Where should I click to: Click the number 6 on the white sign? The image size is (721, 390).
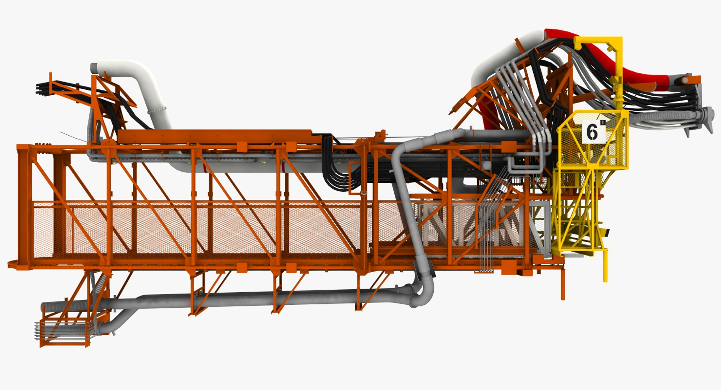pyautogui.click(x=592, y=132)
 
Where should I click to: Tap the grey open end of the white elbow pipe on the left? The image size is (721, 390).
pyautogui.click(x=94, y=68)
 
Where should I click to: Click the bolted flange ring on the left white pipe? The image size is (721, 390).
pyautogui.click(x=157, y=110)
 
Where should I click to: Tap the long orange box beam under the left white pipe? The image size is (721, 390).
pyautogui.click(x=214, y=137)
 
